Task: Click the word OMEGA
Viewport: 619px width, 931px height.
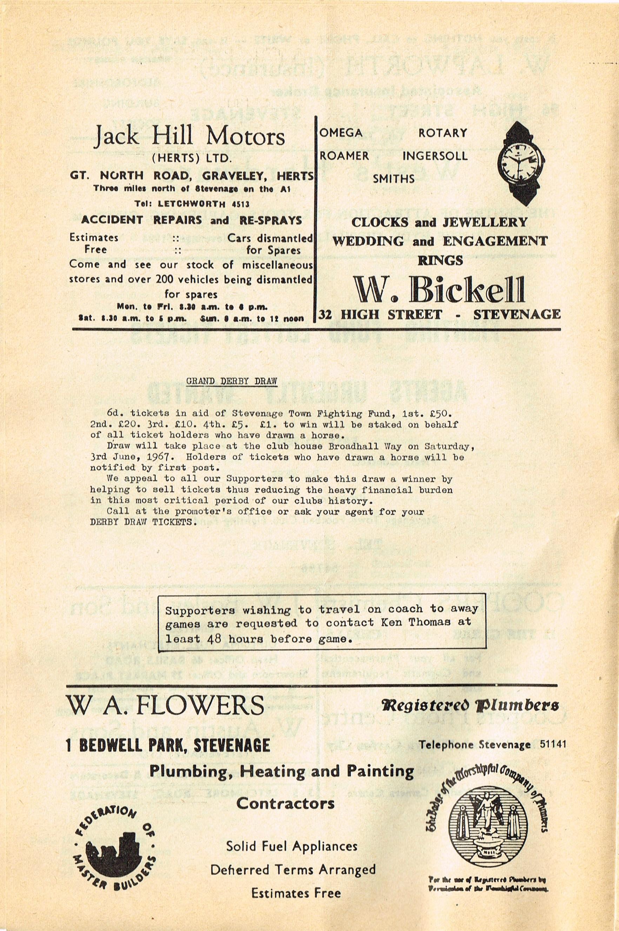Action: pyautogui.click(x=341, y=133)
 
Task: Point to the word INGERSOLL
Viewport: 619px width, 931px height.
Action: pyautogui.click(x=435, y=156)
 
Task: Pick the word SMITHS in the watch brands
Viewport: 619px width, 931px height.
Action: pyautogui.click(x=394, y=179)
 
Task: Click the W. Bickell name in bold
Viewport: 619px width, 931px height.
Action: pyautogui.click(x=439, y=290)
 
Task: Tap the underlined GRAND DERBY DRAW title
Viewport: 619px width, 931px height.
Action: pyautogui.click(x=231, y=381)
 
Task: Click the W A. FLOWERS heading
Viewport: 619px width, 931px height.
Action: pyautogui.click(x=165, y=706)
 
